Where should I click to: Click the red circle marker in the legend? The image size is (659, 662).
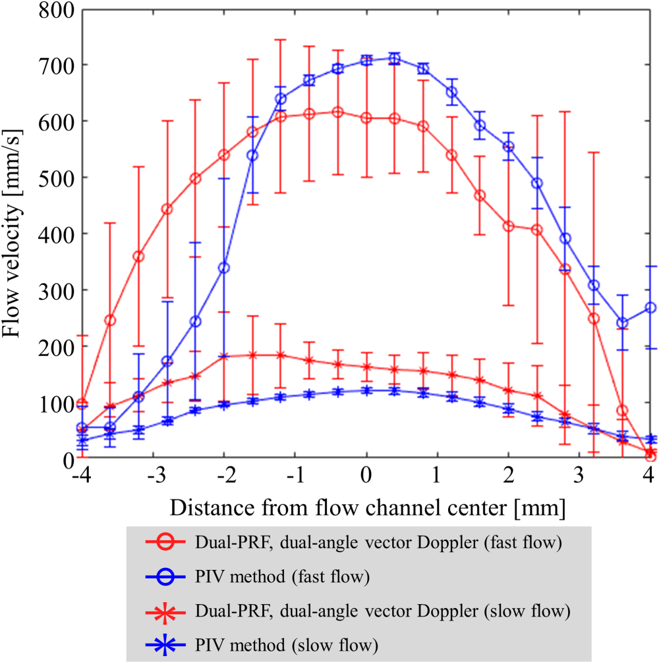coord(168,544)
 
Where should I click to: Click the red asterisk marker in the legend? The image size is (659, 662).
coord(168,610)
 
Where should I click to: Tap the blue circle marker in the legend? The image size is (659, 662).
coord(168,576)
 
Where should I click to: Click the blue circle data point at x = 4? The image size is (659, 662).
coord(651,307)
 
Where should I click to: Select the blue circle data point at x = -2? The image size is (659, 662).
coord(224,268)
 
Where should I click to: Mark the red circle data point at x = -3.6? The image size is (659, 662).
coord(110,320)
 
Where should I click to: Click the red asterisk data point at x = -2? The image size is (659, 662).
coord(224,357)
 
